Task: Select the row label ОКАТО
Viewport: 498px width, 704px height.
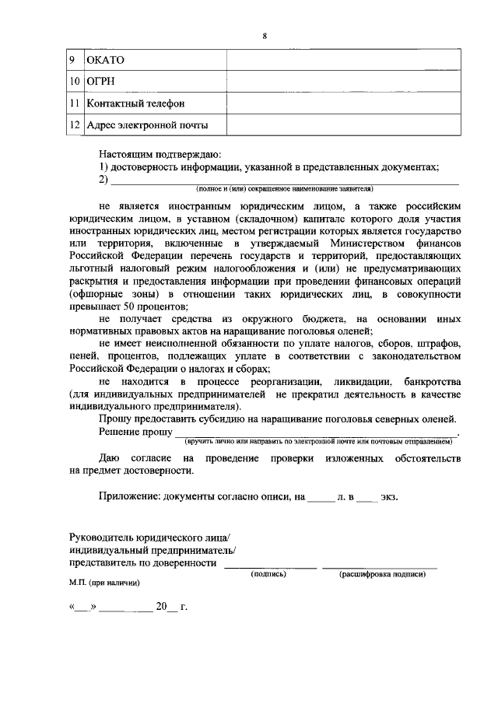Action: (x=105, y=60)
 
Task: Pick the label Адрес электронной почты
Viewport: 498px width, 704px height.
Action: (x=147, y=124)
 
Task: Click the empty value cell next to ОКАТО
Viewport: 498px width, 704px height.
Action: (x=343, y=60)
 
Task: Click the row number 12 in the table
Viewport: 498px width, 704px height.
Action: (x=75, y=124)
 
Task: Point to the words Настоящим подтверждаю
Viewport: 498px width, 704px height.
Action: (x=160, y=154)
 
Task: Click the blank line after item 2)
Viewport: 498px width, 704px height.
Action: (x=285, y=180)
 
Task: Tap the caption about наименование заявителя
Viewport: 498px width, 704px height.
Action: (x=284, y=189)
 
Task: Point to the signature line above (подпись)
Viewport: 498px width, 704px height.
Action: (x=270, y=566)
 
